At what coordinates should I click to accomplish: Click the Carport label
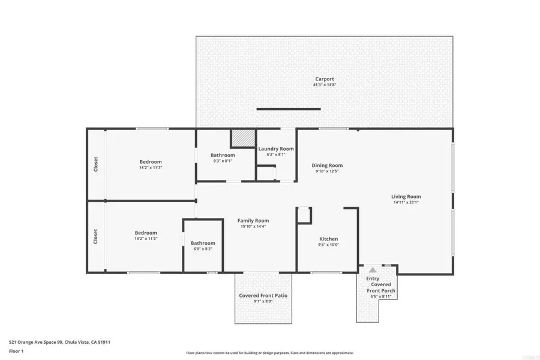[x=325, y=79]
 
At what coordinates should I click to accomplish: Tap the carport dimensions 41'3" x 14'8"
[x=325, y=85]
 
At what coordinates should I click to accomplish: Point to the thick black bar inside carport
[x=289, y=109]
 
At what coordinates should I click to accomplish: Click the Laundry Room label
[x=276, y=148]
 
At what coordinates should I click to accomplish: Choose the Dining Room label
[x=327, y=166]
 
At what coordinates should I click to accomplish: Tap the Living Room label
[x=406, y=196]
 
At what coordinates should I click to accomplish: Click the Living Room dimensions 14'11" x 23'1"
[x=406, y=203]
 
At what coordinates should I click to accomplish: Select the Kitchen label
[x=328, y=239]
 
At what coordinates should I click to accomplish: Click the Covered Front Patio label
[x=263, y=296]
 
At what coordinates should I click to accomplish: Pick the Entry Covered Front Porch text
[x=380, y=284]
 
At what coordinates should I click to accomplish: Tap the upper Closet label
[x=96, y=164]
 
